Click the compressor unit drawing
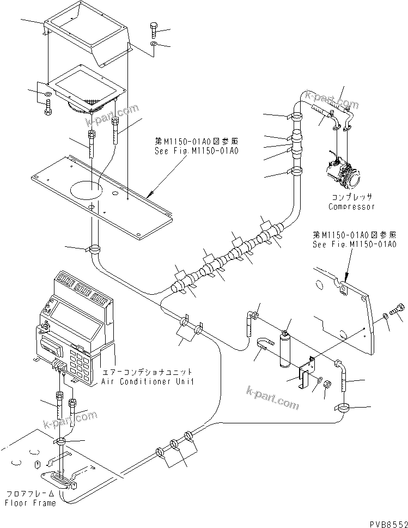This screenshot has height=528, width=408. tap(341, 169)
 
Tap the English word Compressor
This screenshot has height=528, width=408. tap(351, 207)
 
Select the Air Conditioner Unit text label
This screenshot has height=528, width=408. tap(147, 382)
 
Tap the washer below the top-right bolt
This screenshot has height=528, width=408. tap(153, 44)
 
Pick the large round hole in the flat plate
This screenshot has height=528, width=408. tap(86, 189)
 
